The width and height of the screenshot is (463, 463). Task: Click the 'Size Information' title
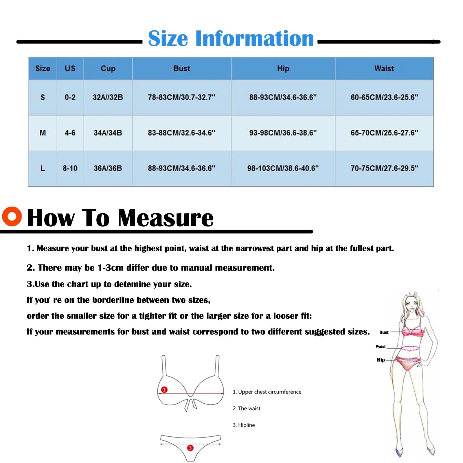(x=231, y=38)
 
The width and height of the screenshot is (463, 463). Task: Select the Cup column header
(x=108, y=69)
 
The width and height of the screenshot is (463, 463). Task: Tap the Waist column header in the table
(x=384, y=69)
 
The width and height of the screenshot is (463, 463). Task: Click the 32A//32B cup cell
(x=108, y=97)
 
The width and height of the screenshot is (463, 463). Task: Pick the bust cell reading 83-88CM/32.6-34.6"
(x=181, y=133)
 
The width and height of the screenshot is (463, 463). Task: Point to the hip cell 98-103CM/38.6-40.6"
(x=283, y=168)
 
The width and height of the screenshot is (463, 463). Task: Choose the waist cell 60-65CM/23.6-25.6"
(x=384, y=97)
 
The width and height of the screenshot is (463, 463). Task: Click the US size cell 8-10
(x=70, y=168)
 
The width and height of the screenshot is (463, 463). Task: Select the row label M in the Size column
(x=43, y=133)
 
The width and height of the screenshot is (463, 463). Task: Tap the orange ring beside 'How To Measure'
(x=12, y=216)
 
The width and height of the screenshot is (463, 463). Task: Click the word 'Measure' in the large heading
(x=166, y=218)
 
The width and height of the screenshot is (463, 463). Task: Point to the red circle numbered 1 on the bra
(x=164, y=389)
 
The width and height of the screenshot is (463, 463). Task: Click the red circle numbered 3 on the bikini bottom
(x=190, y=448)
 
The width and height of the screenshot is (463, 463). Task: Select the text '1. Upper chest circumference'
(x=267, y=392)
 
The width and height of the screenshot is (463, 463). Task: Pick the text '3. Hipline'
(x=244, y=425)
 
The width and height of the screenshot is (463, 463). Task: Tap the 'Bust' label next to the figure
(x=384, y=332)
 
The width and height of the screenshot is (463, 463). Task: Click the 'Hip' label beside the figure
(x=381, y=360)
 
